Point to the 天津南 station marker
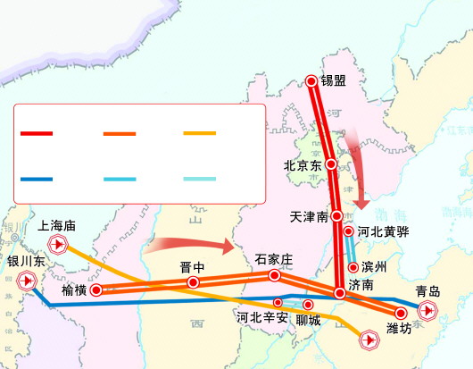point(336,216)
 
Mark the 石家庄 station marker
point(275,276)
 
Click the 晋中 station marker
point(193,282)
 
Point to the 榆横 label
point(74,290)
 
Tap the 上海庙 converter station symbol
point(58,245)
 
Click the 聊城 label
point(308,318)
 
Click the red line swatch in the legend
point(37,133)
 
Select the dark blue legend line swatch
point(37,179)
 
